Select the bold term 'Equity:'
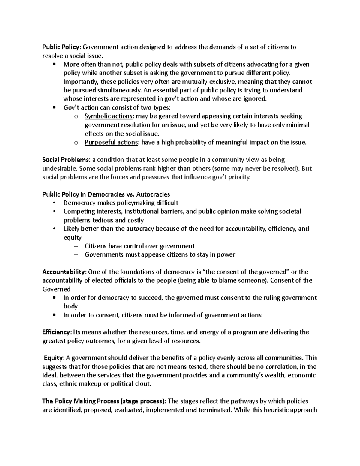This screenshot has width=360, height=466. [x=54, y=358]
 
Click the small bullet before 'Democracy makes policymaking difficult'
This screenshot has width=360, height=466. [x=54, y=203]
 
